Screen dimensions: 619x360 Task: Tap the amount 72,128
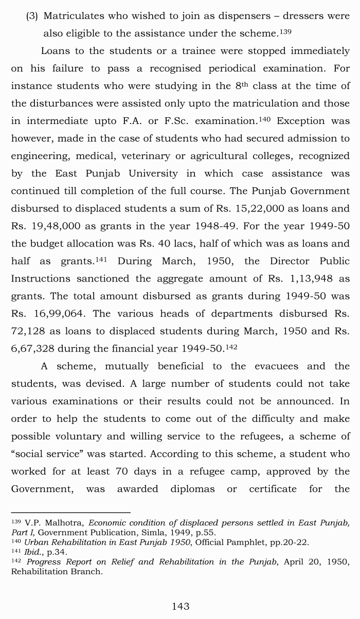[30, 331]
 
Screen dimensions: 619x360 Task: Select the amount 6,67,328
[32, 348]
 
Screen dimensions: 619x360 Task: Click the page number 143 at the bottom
[181, 606]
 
